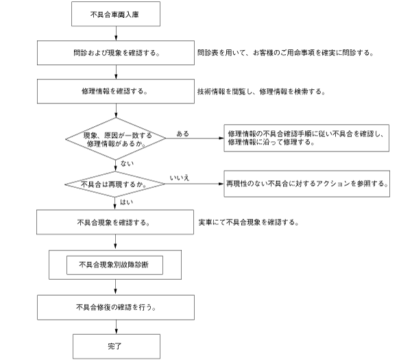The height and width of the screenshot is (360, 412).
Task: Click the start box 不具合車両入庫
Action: click(116, 13)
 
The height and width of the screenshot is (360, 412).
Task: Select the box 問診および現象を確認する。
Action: click(116, 52)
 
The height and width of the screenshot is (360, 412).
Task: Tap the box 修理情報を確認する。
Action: click(116, 91)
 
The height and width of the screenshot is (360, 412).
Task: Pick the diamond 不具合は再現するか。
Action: click(116, 184)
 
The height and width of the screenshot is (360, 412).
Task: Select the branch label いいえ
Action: click(180, 178)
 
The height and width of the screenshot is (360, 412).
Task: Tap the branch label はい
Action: click(126, 203)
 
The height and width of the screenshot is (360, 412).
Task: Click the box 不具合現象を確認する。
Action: click(116, 223)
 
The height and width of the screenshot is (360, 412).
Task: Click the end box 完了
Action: click(116, 346)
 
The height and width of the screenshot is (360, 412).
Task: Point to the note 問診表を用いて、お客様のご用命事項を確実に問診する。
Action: click(284, 52)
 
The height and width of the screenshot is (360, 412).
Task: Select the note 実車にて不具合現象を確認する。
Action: click(247, 223)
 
